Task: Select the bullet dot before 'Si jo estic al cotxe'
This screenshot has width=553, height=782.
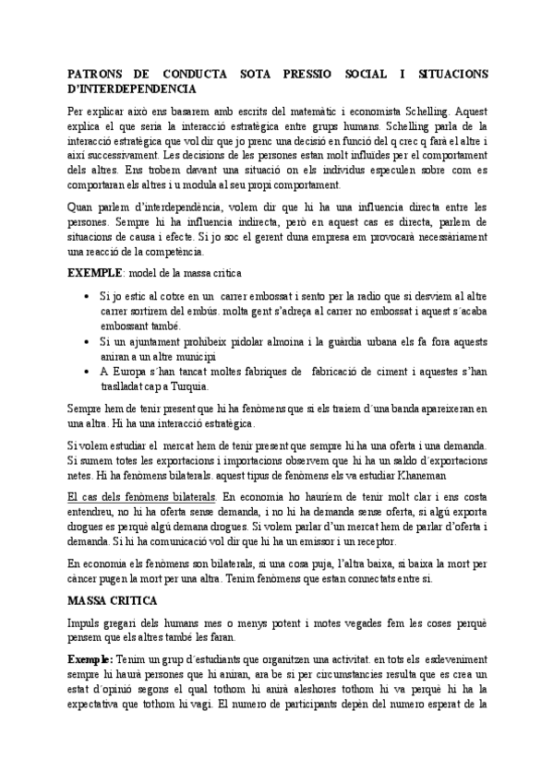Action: coord(85,297)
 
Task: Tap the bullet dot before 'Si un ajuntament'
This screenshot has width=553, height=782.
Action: coord(85,341)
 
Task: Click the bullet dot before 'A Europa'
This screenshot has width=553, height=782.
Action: coord(85,372)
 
